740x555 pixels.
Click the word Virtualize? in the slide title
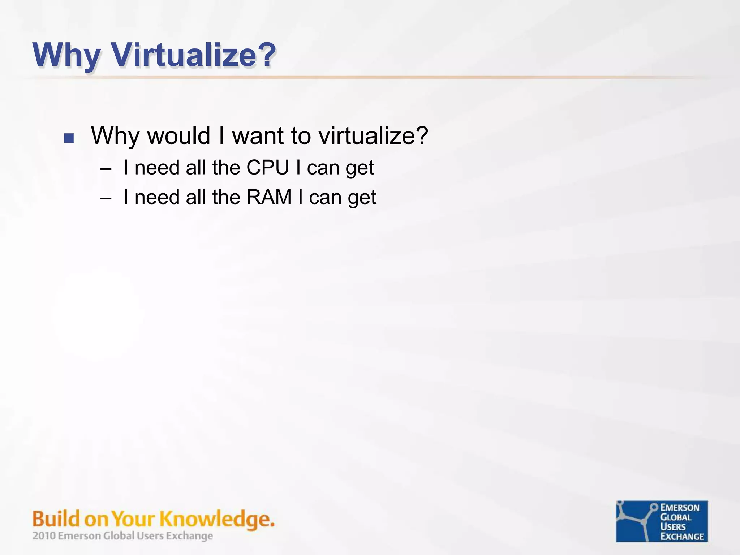click(x=194, y=55)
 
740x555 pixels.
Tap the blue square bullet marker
click(x=69, y=138)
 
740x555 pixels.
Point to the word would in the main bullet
click(x=178, y=136)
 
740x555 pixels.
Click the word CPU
click(x=268, y=168)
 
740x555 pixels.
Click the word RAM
click(x=269, y=197)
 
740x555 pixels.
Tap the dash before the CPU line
click(x=105, y=168)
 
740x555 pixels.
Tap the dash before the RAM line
click(x=105, y=198)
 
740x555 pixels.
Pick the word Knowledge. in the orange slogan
click(x=217, y=519)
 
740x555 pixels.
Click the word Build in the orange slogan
click(x=56, y=519)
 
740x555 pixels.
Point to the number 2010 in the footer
click(x=44, y=535)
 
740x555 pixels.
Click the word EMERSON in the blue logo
click(x=680, y=508)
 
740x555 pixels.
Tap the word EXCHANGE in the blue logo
click(x=682, y=537)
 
